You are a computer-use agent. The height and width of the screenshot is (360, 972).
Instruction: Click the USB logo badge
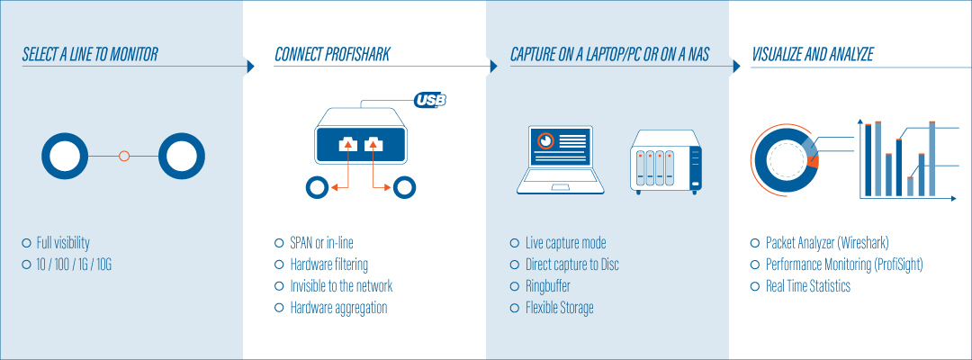(x=430, y=100)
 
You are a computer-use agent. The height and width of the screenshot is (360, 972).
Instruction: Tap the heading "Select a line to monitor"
(x=90, y=56)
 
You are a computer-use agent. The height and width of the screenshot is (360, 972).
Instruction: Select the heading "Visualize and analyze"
(x=812, y=56)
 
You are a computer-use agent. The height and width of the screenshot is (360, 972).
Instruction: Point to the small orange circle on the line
(x=124, y=156)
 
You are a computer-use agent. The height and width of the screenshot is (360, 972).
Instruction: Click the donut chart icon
(x=785, y=155)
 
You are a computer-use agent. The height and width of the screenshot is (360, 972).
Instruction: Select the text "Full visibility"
(x=63, y=243)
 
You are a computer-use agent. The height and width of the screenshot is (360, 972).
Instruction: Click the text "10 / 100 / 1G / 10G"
(x=74, y=265)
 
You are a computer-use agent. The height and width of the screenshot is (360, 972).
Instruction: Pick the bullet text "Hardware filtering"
(x=328, y=265)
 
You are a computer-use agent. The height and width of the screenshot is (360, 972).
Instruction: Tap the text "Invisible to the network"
(x=341, y=286)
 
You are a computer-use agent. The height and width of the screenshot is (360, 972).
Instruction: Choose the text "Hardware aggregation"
(x=338, y=308)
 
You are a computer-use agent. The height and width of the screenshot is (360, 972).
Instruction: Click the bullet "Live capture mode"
(x=565, y=243)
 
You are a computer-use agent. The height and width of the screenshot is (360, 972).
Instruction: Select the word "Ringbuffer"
(x=548, y=286)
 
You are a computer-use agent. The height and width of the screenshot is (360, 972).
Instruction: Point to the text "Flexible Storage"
(x=559, y=308)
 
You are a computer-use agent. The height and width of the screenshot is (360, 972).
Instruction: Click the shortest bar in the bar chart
(x=910, y=186)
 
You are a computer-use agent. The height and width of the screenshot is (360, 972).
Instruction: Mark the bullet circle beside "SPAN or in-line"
(x=279, y=243)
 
